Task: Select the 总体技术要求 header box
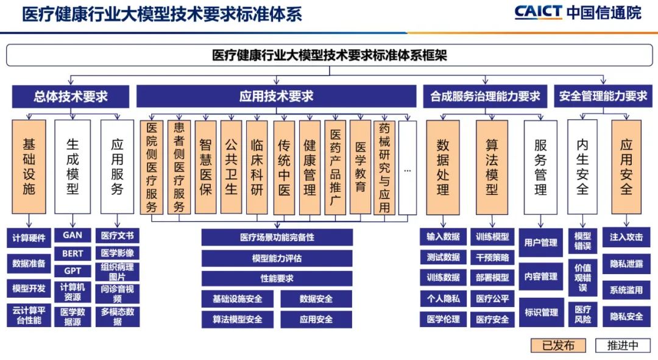tap(71, 96)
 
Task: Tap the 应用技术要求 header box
tap(276, 96)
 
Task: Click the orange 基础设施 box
tap(29, 167)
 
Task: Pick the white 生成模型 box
tap(73, 167)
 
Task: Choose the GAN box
tap(73, 235)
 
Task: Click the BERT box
tap(73, 253)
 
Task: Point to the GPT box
tap(73, 271)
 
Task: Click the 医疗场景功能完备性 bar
tap(277, 238)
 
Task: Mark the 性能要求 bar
tap(277, 278)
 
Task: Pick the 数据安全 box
tap(316, 298)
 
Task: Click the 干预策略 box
tap(492, 258)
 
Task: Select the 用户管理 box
tap(541, 242)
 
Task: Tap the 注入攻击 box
tap(626, 237)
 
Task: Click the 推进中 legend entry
tap(623, 346)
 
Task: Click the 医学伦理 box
tap(444, 319)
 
